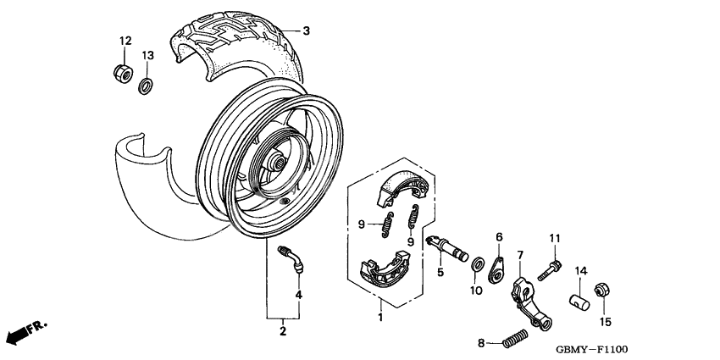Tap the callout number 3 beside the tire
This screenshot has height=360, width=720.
click(307, 30)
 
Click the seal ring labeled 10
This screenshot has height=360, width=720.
click(478, 263)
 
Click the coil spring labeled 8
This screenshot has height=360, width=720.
click(512, 341)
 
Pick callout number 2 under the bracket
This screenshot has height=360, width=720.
click(284, 330)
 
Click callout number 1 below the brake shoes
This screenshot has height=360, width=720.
click(380, 318)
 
